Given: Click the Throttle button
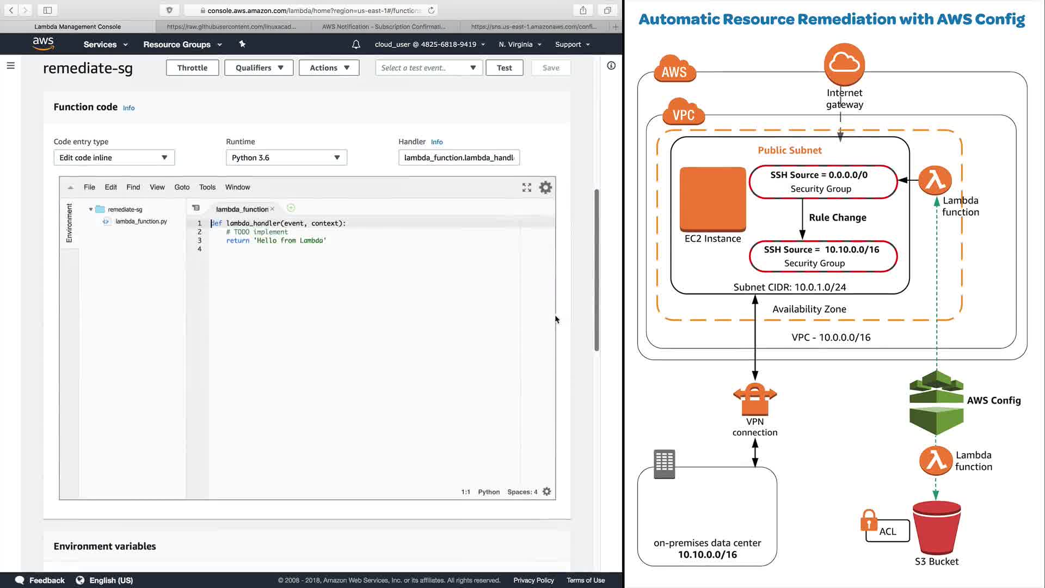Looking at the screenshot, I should click(192, 68).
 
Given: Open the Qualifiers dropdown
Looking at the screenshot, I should click(259, 68).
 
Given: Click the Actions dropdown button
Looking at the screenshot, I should click(329, 68).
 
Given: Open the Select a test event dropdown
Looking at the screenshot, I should click(428, 68).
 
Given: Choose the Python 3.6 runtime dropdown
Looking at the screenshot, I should click(286, 157).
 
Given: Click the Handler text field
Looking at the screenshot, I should click(459, 157).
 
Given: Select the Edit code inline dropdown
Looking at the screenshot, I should click(114, 157).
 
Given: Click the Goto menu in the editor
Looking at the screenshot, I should click(182, 187).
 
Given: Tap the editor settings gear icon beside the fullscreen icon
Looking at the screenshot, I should click(545, 187).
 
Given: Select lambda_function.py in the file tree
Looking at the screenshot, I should click(141, 221).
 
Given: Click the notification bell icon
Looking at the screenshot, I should click(356, 44).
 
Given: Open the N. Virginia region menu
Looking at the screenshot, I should click(520, 44).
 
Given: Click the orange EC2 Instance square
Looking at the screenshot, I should click(712, 199).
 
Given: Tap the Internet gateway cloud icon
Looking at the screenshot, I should click(844, 64).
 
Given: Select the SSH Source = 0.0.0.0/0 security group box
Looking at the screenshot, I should click(822, 181).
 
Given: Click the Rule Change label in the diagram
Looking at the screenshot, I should click(837, 217).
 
